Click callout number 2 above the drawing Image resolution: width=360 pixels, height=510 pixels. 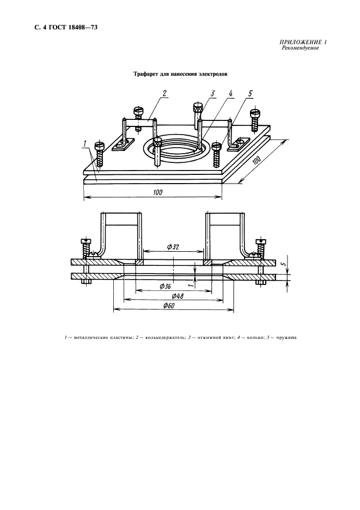[165, 93]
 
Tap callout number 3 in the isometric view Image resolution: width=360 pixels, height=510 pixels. [213, 94]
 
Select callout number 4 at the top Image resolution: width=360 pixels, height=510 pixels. [231, 94]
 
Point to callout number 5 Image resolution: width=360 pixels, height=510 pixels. [250, 94]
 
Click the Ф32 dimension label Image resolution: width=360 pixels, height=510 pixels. [173, 247]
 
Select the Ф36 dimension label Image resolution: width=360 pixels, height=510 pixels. [166, 287]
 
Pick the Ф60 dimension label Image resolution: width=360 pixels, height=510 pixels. [169, 306]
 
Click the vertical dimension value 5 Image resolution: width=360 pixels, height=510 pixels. [284, 264]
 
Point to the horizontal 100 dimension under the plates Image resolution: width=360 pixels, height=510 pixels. [158, 192]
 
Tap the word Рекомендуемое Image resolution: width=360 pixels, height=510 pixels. [300, 48]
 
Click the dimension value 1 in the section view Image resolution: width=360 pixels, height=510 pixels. [192, 284]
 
